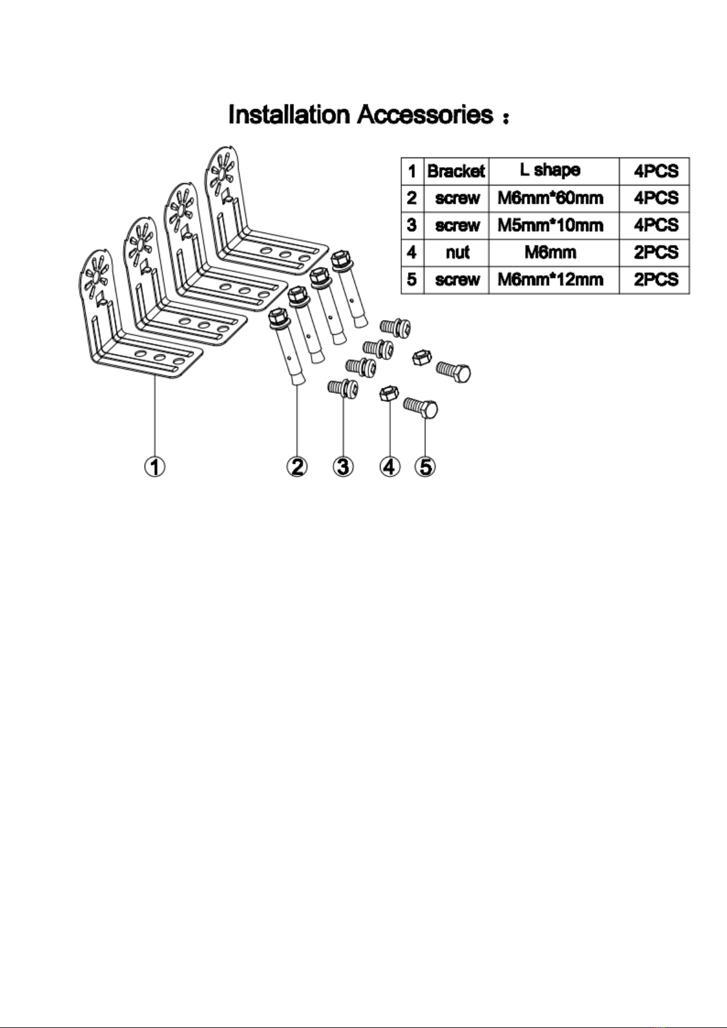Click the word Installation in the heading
point(289,114)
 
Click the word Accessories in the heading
point(425,114)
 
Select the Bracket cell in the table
point(456,171)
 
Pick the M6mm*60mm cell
point(550,198)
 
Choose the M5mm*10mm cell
point(550,225)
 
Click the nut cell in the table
point(457,253)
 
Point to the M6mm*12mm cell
point(550,279)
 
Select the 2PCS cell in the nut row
point(656,253)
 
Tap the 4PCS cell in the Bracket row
point(656,171)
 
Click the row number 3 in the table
point(412,225)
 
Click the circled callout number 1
point(155,467)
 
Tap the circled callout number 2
point(297,467)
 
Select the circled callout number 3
point(343,467)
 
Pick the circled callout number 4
point(389,467)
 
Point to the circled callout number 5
point(426,467)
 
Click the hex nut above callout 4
point(389,394)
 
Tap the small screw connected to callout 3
point(343,389)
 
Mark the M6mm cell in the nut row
point(550,253)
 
